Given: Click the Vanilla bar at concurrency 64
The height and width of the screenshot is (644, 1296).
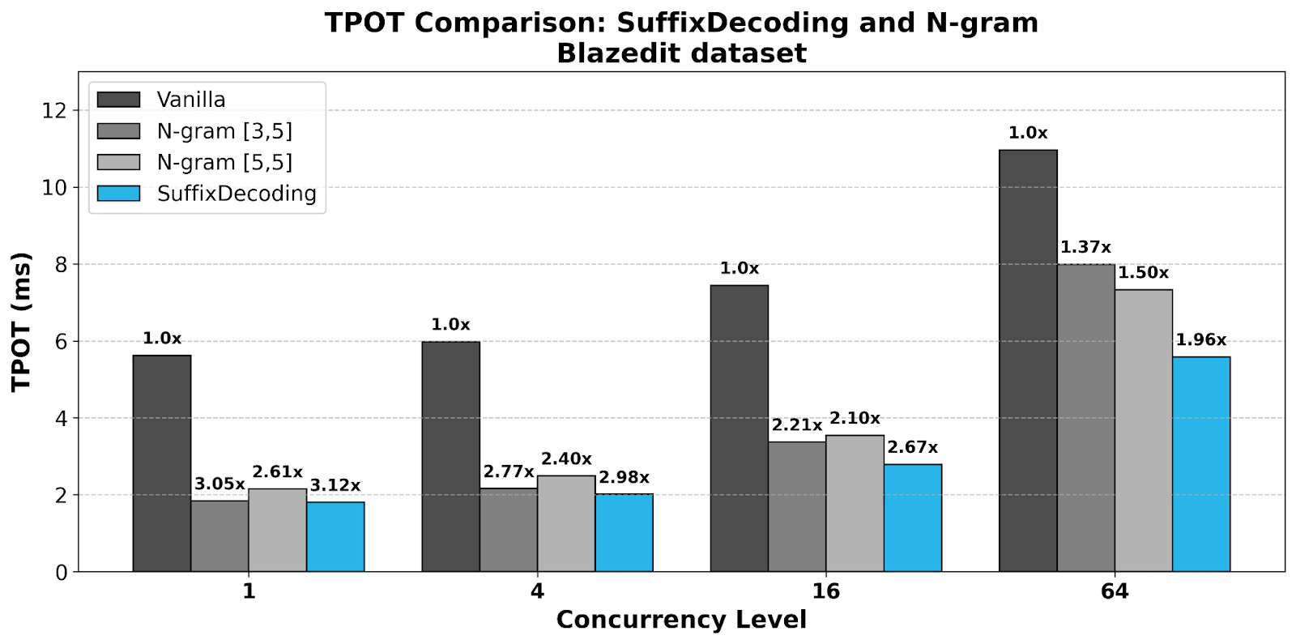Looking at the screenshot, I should coord(1028,360).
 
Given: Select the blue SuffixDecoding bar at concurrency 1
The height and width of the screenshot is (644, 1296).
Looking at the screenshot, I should coord(335,536).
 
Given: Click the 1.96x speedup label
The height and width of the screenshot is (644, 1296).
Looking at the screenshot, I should coord(1200,340).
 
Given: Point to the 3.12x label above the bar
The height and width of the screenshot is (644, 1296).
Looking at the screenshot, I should coord(335,485).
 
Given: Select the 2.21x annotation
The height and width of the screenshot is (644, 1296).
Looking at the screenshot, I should coord(796,425).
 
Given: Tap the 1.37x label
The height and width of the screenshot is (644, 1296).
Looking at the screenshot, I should coord(1085,248).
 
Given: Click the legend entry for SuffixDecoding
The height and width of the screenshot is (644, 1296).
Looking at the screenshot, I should coord(236,194).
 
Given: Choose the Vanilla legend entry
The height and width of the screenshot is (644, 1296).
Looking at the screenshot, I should coord(191,100).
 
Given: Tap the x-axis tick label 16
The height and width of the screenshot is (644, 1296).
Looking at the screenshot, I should coord(825,591).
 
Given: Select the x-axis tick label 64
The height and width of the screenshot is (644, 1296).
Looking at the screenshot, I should coord(1114,591).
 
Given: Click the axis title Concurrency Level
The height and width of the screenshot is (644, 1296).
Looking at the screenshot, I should coord(681,620).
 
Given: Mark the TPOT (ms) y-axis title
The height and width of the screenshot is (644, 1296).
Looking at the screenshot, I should coord(22,322).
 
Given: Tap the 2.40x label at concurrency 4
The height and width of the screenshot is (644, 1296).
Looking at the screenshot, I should coord(566,459).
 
